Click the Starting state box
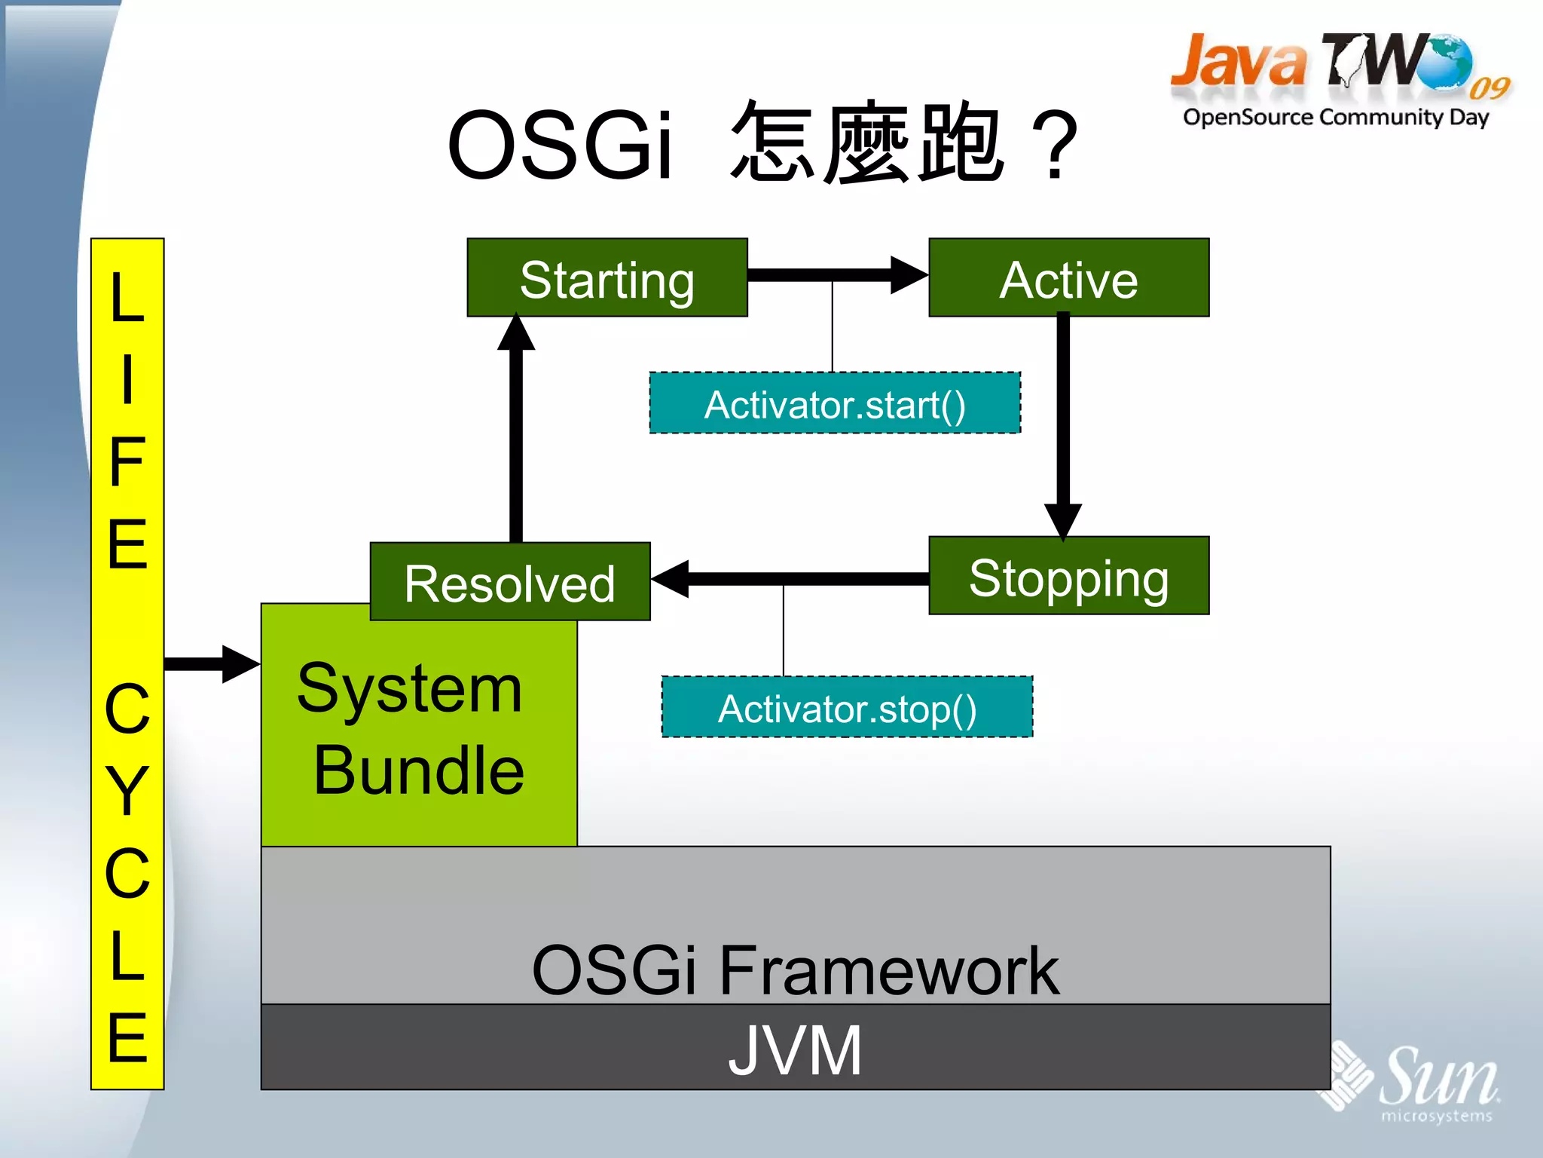(x=607, y=278)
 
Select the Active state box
(x=1068, y=278)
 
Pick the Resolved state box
(x=509, y=582)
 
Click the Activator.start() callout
(x=835, y=403)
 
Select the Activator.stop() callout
(x=847, y=707)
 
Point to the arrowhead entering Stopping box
(x=1063, y=520)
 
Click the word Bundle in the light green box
(x=419, y=770)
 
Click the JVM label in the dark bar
(x=795, y=1050)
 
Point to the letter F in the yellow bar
(x=127, y=461)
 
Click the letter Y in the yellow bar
(x=127, y=790)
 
